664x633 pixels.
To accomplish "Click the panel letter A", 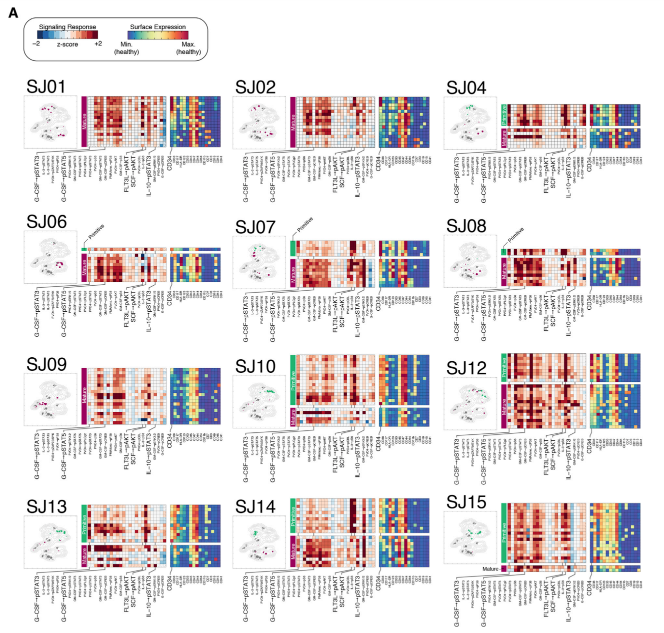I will (13, 13).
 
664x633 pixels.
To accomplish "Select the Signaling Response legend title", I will (67, 27).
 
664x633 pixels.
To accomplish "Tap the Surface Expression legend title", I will (157, 27).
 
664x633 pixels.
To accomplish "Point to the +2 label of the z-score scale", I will (98, 44).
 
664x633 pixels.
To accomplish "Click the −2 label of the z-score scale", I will (36, 44).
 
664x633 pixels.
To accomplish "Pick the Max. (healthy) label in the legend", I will (188, 48).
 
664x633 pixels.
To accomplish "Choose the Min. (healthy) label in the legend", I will (126, 48).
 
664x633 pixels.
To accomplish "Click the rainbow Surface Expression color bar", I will (158, 35).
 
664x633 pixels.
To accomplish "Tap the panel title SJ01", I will (46, 87).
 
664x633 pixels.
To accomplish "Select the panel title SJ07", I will (255, 227).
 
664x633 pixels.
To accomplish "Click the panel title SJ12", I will (466, 368).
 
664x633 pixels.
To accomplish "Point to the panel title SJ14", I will (255, 507).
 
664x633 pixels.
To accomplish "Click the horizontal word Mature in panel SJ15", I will (490, 569).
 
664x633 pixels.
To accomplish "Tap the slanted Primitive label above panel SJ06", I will (96, 231).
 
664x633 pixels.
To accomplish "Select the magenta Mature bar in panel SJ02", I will (293, 122).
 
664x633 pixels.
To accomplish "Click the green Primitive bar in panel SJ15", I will (504, 533).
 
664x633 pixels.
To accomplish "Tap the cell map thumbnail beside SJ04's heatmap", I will (470, 123).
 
